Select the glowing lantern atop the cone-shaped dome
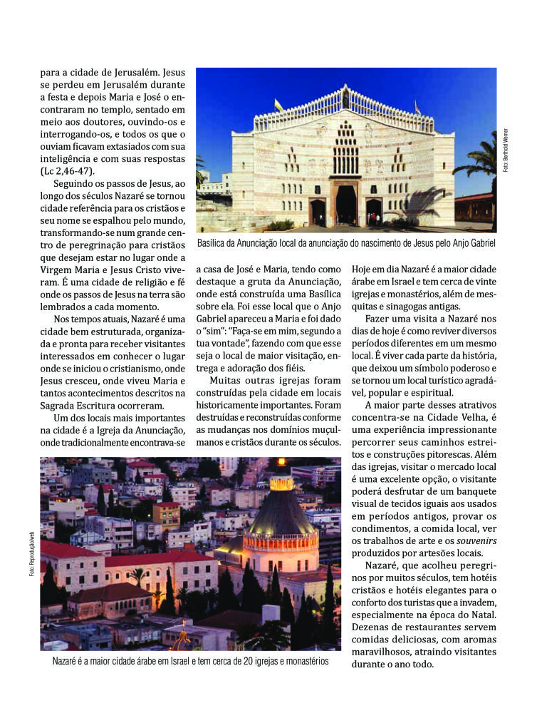(x=281, y=483)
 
